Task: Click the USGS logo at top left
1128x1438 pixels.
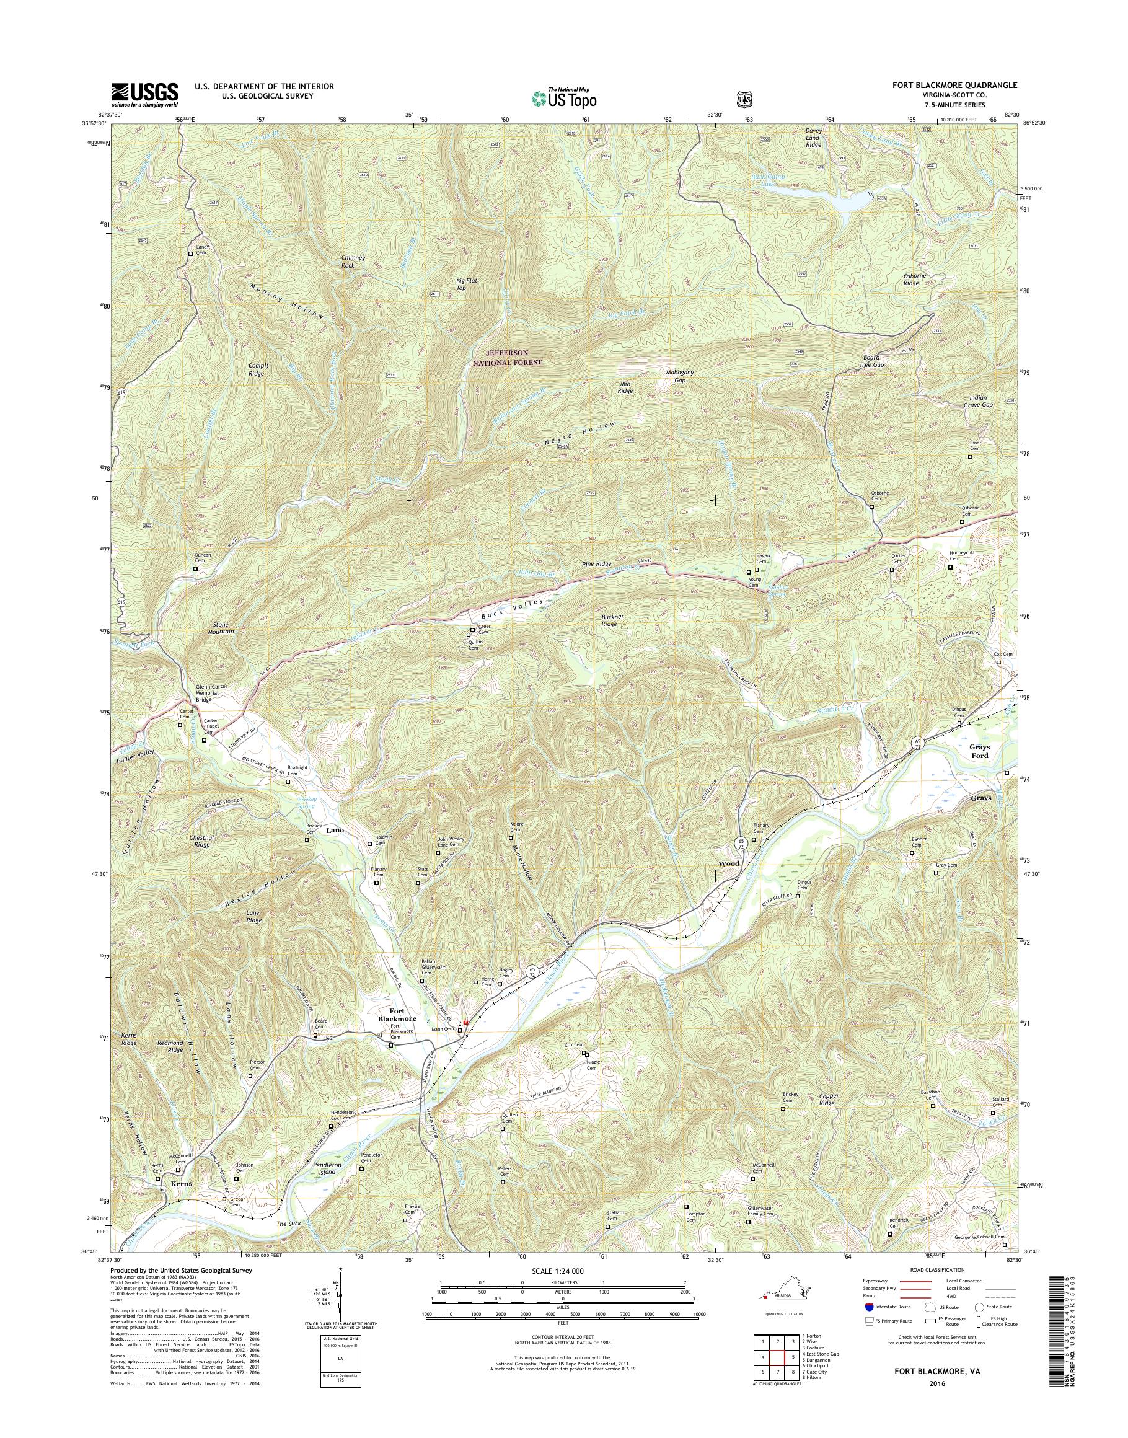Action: (x=144, y=94)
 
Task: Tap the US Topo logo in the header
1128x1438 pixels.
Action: (x=563, y=98)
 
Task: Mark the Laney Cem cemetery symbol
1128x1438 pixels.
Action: (x=191, y=254)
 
